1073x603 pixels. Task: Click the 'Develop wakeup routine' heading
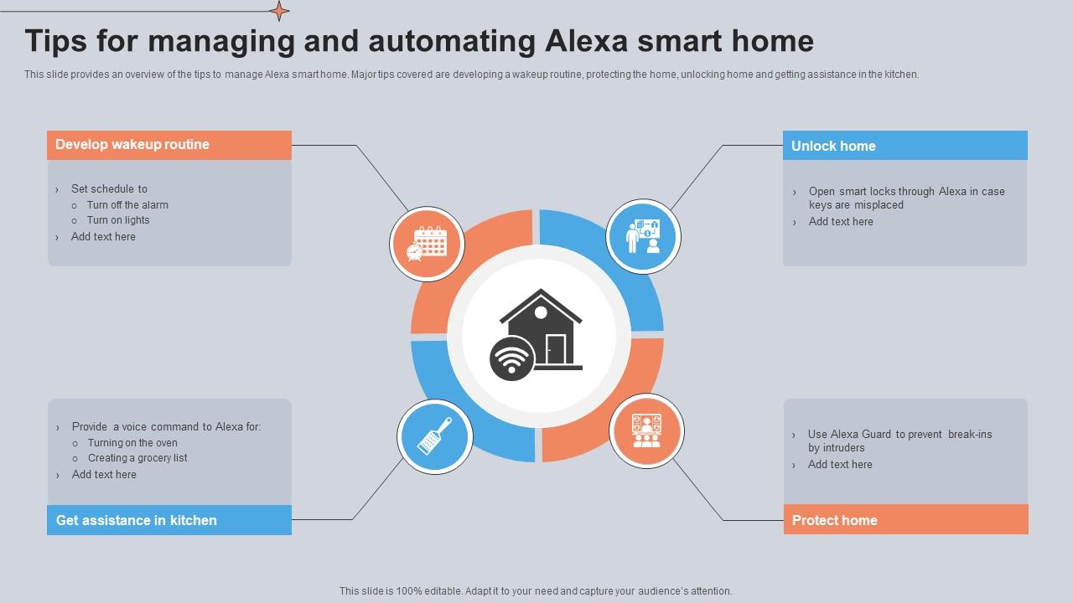click(x=132, y=145)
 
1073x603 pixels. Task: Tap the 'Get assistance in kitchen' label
click(x=137, y=520)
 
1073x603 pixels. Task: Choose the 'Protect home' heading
click(x=834, y=520)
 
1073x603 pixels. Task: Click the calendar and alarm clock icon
click(x=428, y=245)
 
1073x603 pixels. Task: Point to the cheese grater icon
click(x=434, y=435)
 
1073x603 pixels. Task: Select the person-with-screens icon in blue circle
click(x=643, y=237)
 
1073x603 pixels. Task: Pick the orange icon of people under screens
click(x=646, y=431)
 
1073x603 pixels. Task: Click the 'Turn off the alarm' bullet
click(x=127, y=205)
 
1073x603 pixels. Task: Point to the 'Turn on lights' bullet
click(x=118, y=220)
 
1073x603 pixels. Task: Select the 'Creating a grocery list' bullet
click(x=137, y=458)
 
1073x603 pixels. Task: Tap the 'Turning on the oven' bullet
click(x=132, y=443)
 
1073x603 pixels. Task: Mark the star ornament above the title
click(x=279, y=11)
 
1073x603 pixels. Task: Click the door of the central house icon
click(x=555, y=348)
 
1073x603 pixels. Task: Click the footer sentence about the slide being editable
click(x=536, y=591)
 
